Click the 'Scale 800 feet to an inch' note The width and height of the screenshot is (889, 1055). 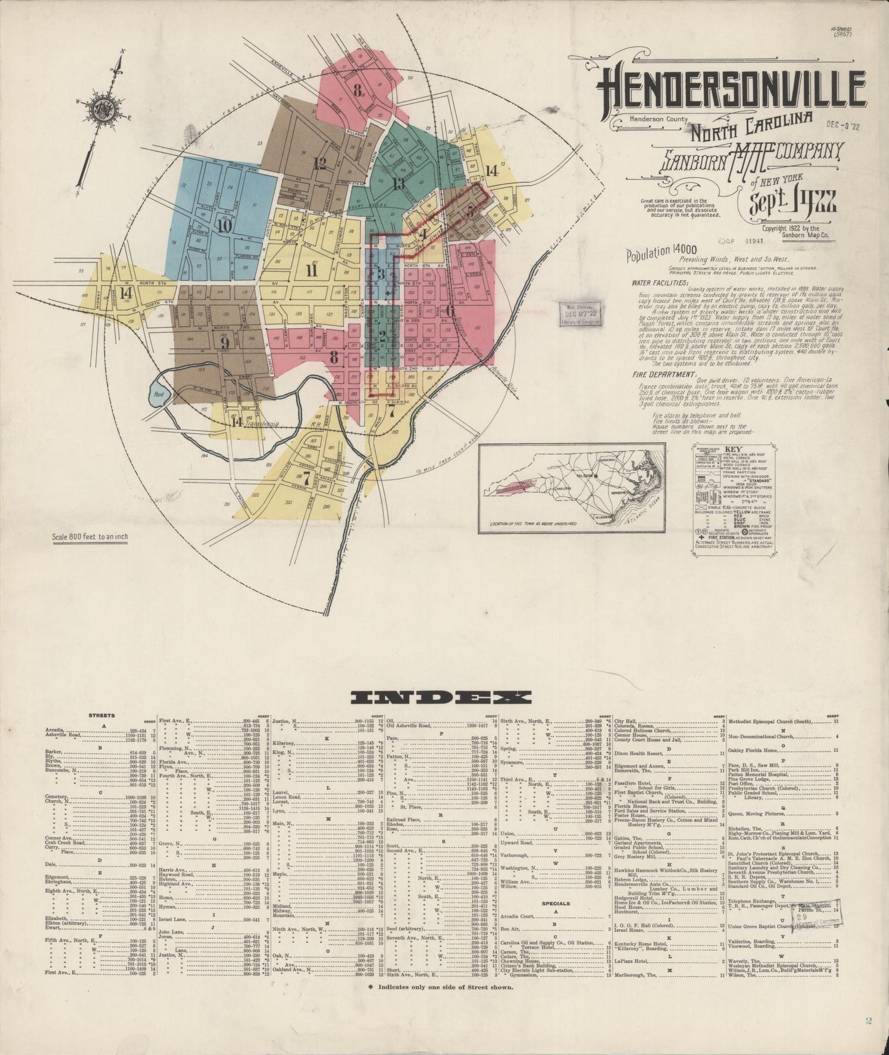90,537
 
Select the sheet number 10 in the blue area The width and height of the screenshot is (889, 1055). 223,225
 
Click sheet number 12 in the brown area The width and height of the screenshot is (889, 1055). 319,164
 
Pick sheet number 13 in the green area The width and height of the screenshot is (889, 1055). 398,183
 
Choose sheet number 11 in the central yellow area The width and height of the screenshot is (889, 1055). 311,270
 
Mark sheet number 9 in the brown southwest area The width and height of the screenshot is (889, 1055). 225,342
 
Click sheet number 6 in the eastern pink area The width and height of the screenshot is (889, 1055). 450,310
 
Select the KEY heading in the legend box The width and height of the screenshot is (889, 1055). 734,449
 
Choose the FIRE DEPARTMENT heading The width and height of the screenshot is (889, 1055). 662,374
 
